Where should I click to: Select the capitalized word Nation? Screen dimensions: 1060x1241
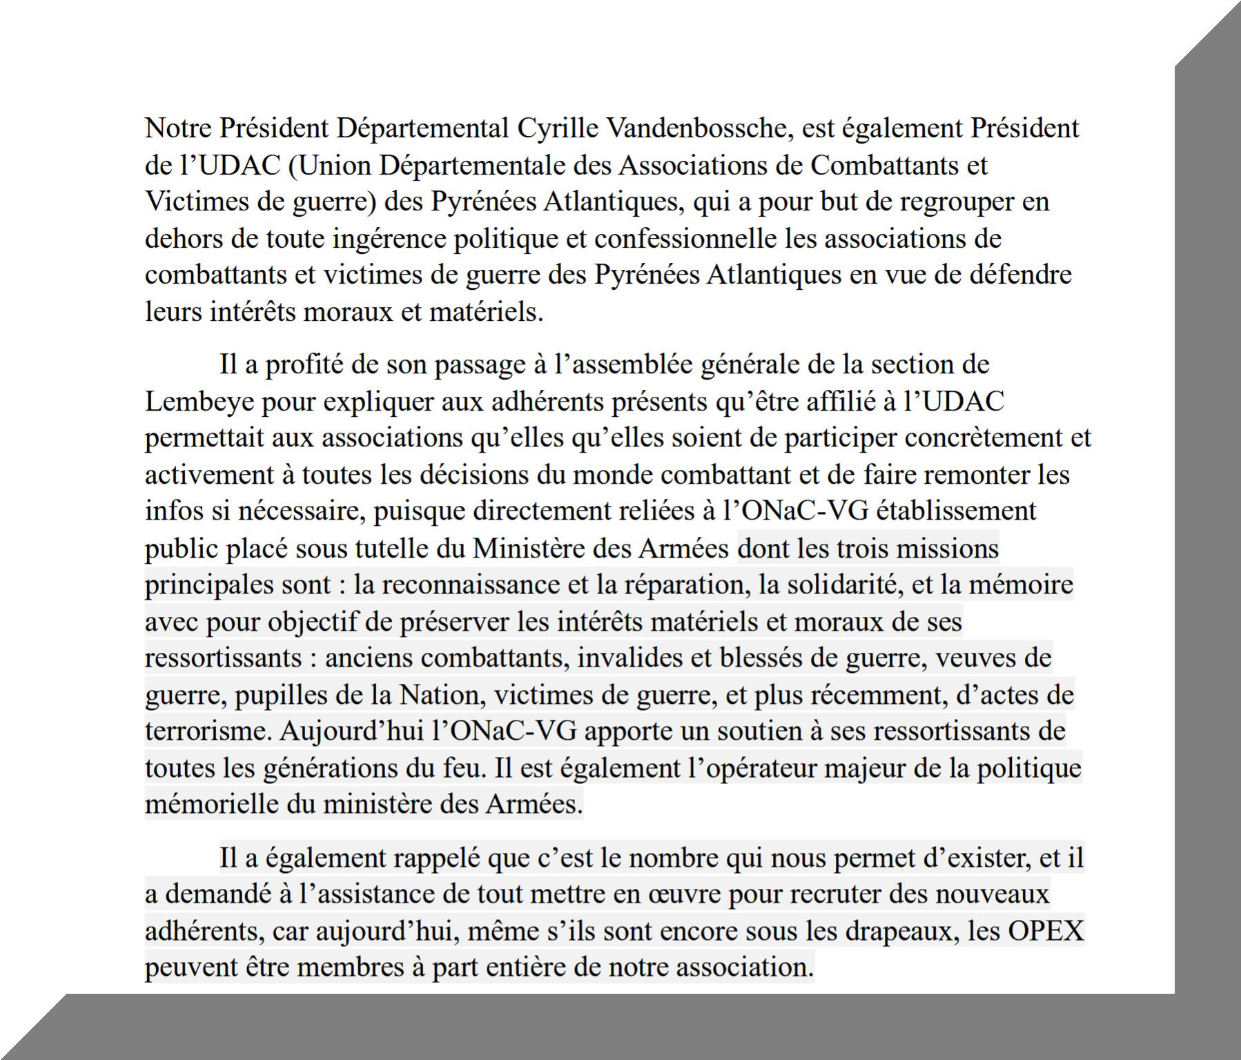click(439, 694)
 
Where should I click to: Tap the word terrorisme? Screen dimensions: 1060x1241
click(208, 731)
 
